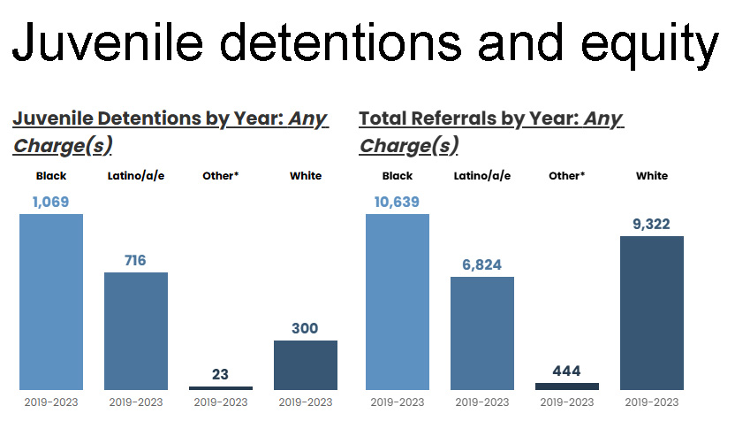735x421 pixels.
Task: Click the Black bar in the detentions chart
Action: pyautogui.click(x=51, y=301)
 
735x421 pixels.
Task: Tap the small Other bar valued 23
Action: pyautogui.click(x=221, y=387)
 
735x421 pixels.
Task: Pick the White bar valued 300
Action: pyautogui.click(x=306, y=364)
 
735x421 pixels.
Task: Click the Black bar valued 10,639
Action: pyautogui.click(x=398, y=301)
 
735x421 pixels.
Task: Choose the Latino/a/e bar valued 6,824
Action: pyautogui.click(x=482, y=333)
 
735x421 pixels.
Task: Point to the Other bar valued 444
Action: pyautogui.click(x=567, y=386)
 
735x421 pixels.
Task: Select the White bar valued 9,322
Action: pyautogui.click(x=652, y=312)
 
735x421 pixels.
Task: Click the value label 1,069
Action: pyautogui.click(x=51, y=202)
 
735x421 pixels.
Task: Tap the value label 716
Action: pyautogui.click(x=136, y=260)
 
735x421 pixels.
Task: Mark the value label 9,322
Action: pyautogui.click(x=652, y=224)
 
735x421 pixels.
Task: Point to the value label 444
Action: pyautogui.click(x=567, y=371)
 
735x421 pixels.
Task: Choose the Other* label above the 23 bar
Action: pyautogui.click(x=221, y=176)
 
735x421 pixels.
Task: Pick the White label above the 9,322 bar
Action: pyautogui.click(x=652, y=176)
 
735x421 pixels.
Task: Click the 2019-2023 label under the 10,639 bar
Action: pyautogui.click(x=398, y=402)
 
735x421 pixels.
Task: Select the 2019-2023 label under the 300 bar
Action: pyautogui.click(x=306, y=402)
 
